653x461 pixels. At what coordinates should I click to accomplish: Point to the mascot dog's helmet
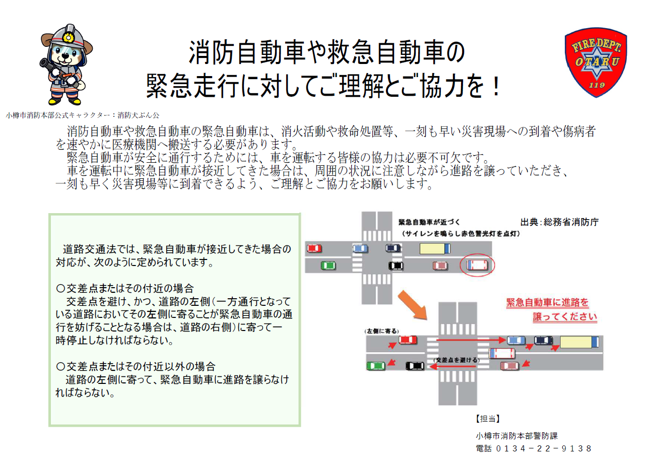(x=66, y=35)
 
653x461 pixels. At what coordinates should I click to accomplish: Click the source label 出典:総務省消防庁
(x=559, y=222)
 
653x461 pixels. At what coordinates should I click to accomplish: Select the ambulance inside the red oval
(x=477, y=265)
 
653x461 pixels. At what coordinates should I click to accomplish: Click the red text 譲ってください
(x=565, y=317)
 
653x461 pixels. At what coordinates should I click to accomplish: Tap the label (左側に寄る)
(x=381, y=331)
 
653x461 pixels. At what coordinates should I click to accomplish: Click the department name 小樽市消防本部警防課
(x=516, y=435)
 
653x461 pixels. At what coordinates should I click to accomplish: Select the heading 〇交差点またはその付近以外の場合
(x=136, y=366)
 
